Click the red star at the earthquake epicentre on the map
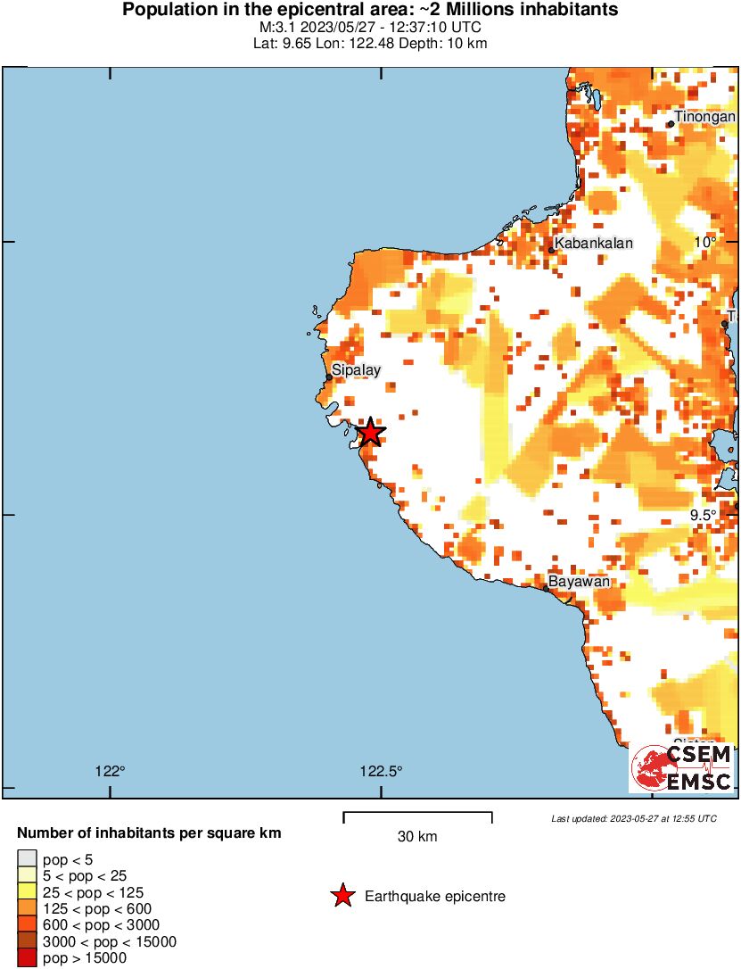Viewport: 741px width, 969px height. click(x=370, y=434)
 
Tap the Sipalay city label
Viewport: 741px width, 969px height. click(x=357, y=369)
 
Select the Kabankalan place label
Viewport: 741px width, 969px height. click(x=594, y=243)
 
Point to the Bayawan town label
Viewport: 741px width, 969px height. click(x=579, y=582)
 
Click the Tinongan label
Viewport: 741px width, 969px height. click(x=704, y=117)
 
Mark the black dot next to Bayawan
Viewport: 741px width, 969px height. click(x=547, y=588)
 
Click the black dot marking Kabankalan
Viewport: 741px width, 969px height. click(x=552, y=251)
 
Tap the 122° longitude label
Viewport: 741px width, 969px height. click(x=110, y=772)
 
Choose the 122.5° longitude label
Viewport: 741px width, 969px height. click(x=382, y=772)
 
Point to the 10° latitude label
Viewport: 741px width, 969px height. click(x=706, y=243)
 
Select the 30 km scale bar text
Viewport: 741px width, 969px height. click(x=417, y=837)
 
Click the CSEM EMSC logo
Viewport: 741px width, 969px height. click(x=682, y=768)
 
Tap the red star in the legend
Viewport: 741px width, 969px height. click(x=342, y=896)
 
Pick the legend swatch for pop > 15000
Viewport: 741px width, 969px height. click(x=27, y=958)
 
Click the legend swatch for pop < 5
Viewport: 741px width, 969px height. click(x=27, y=859)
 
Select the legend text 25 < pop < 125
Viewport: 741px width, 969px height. click(x=94, y=892)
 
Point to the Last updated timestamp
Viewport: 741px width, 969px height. click(x=634, y=818)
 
